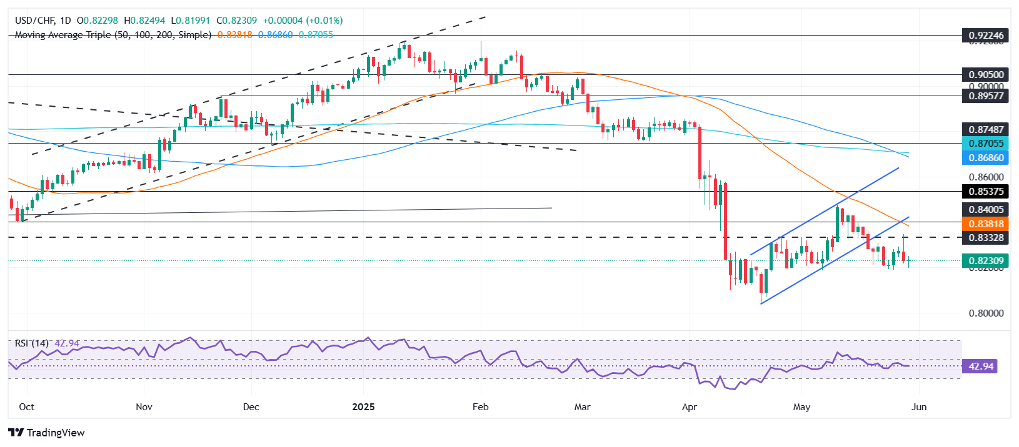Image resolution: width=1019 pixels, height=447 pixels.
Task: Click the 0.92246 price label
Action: [986, 36]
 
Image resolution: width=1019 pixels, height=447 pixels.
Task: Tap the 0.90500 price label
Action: [986, 75]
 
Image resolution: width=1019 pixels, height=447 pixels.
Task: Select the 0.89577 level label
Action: [986, 96]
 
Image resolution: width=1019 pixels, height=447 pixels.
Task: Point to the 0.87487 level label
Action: [986, 130]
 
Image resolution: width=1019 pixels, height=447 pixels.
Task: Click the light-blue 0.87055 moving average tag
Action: [986, 144]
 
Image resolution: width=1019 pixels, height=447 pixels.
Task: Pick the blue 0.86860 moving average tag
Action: [986, 158]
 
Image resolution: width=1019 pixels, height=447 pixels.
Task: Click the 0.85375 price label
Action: [986, 192]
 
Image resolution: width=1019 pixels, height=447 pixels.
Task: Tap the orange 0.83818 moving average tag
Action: [986, 224]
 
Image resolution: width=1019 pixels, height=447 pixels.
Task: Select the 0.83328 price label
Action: [986, 238]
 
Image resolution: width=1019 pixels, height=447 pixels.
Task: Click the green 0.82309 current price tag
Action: [986, 261]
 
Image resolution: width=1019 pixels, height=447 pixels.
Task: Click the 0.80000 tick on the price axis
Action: [986, 313]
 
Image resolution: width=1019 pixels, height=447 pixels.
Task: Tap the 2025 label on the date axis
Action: [363, 407]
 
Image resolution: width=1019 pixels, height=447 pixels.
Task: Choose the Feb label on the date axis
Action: [480, 407]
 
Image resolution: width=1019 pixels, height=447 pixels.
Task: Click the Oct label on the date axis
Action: [27, 407]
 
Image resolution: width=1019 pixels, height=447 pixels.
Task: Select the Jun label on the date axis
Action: [919, 407]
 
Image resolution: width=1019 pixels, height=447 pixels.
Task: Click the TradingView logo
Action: [47, 433]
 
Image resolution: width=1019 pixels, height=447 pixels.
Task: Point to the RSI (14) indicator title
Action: [32, 343]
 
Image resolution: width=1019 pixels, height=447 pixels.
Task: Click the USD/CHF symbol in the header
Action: [35, 21]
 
